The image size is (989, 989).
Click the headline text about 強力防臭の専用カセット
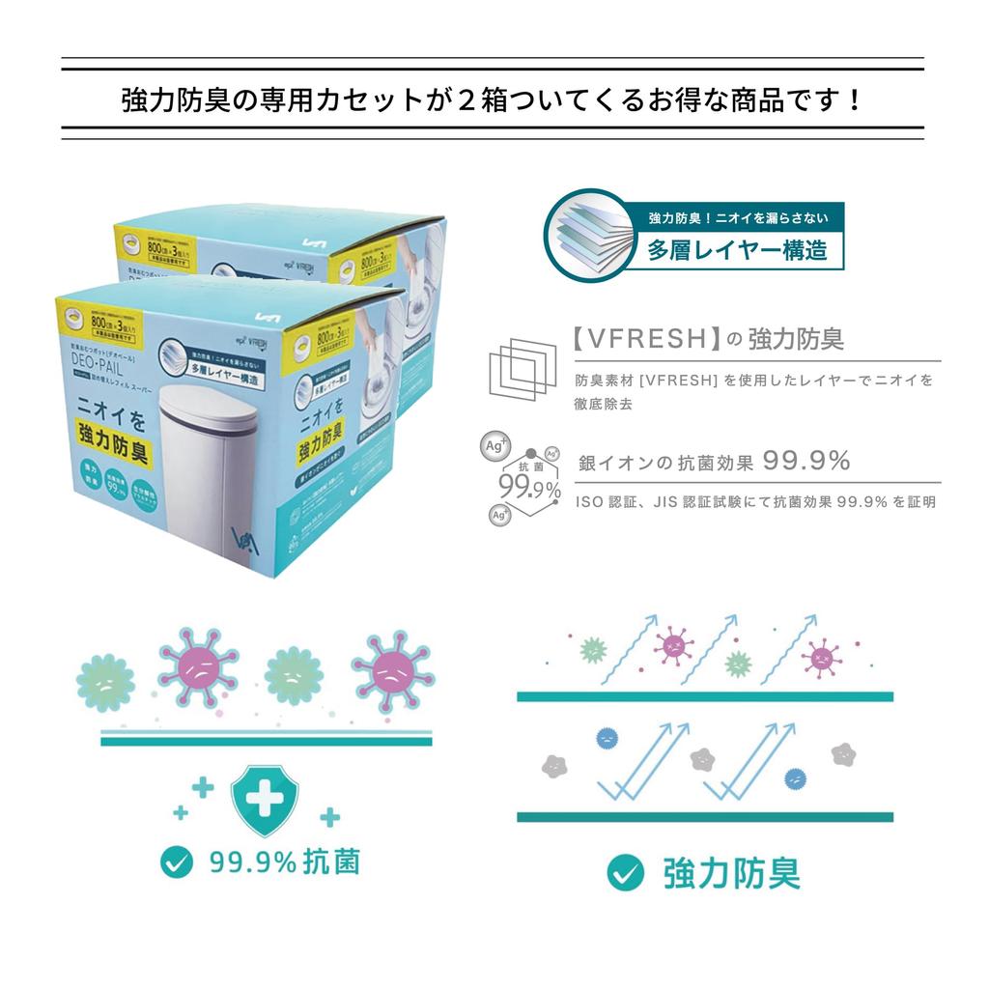click(493, 100)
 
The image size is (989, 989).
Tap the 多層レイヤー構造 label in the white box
click(737, 250)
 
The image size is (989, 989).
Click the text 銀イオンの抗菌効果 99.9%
click(715, 462)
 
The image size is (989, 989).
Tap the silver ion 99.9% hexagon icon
click(523, 479)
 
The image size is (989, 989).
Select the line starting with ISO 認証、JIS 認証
click(755, 502)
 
